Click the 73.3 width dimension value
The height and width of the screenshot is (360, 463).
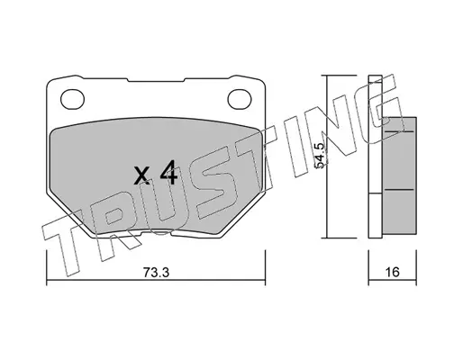pos(156,273)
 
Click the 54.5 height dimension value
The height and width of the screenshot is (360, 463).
pos(319,156)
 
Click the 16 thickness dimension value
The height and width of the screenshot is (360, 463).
pos(392,272)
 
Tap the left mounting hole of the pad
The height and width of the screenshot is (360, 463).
pos(72,99)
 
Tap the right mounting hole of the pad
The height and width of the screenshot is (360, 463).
pos(240,99)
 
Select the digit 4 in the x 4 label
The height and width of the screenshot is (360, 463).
pos(168,172)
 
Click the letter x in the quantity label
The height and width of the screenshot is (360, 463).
pos(141,176)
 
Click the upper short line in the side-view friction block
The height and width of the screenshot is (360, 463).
pos(399,131)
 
